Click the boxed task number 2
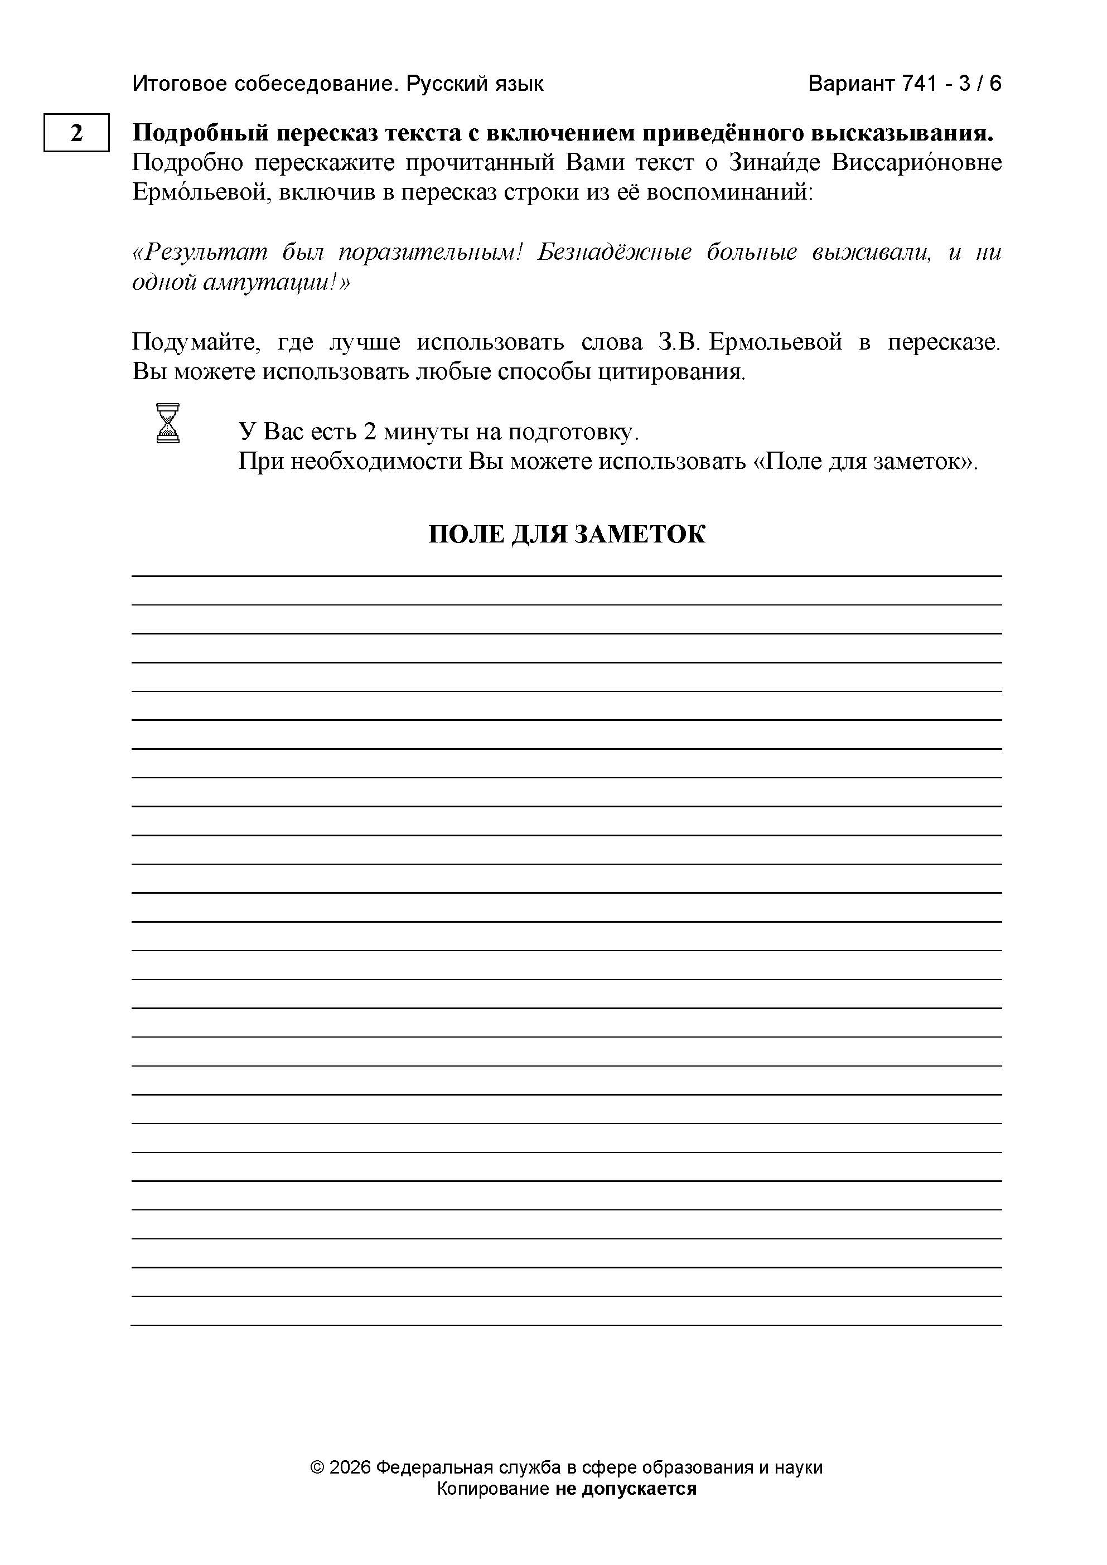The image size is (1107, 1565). coord(76,132)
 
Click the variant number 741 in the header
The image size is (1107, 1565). coord(921,84)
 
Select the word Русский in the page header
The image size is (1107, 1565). coord(444,84)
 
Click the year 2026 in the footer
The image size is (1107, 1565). coord(350,1467)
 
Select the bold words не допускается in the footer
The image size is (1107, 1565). coord(626,1489)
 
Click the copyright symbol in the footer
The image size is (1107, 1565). coord(316,1467)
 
